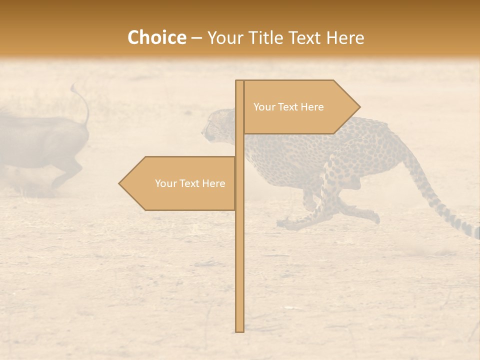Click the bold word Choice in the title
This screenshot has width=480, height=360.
tap(156, 37)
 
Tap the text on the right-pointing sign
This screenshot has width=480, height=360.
tap(288, 107)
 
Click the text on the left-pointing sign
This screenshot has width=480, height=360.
tap(190, 183)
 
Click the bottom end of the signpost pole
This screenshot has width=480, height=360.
tap(239, 330)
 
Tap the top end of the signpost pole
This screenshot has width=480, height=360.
tap(239, 81)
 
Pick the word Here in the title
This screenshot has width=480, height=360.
tap(345, 37)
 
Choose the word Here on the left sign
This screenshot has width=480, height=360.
tap(213, 183)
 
